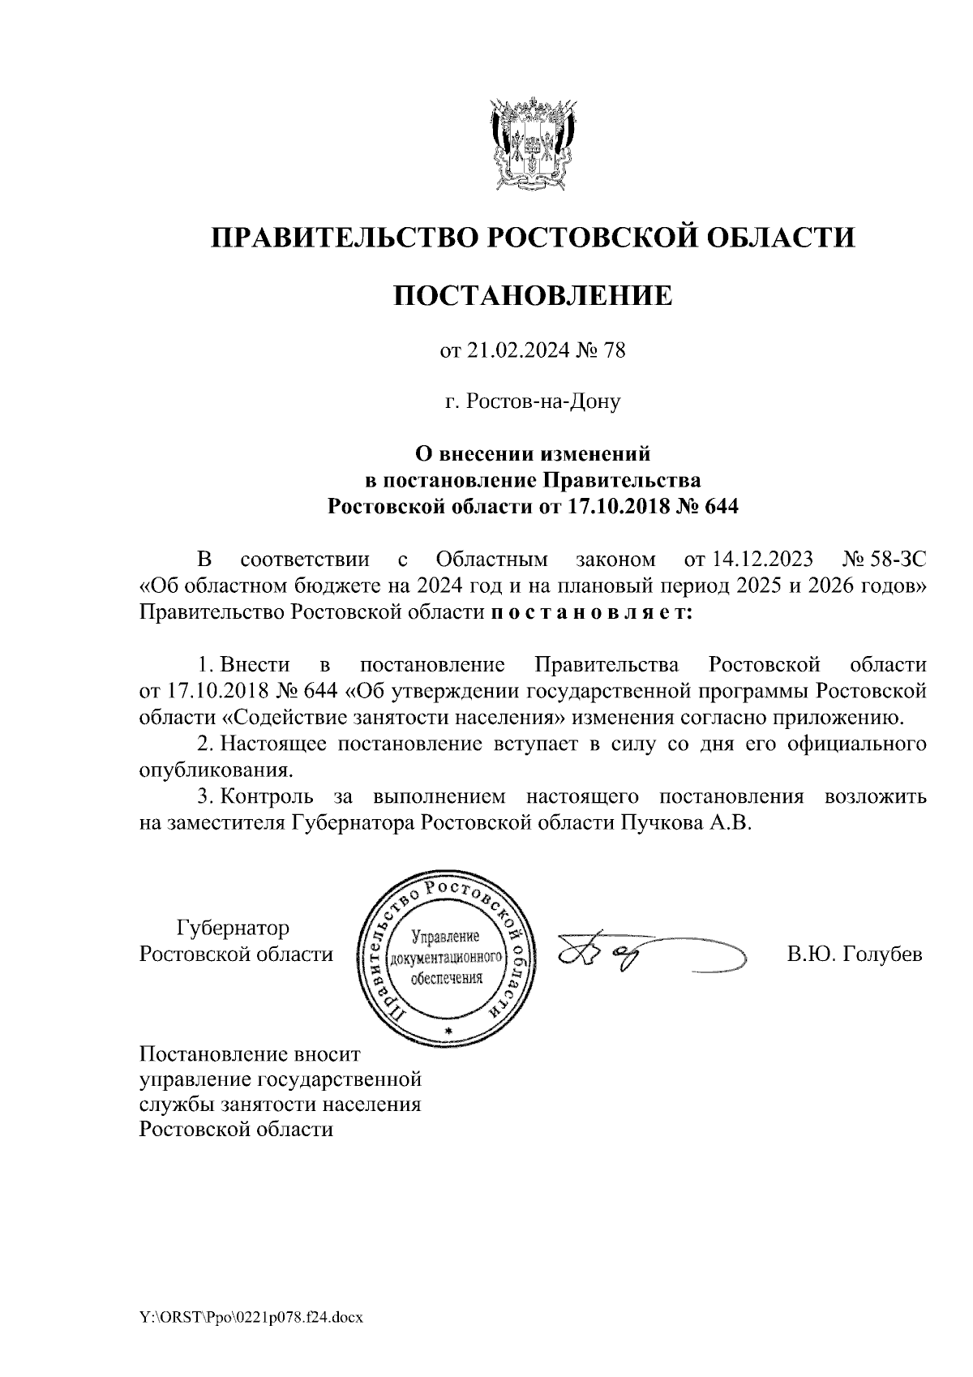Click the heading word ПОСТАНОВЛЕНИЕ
pyautogui.click(x=533, y=295)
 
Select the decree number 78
pyautogui.click(x=615, y=351)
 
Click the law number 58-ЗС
pyautogui.click(x=895, y=559)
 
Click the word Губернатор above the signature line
pyautogui.click(x=234, y=927)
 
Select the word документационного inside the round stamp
pyautogui.click(x=448, y=957)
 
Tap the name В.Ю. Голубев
pyautogui.click(x=855, y=954)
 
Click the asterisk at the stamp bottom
pyautogui.click(x=447, y=1031)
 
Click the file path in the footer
pyautogui.click(x=251, y=1318)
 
